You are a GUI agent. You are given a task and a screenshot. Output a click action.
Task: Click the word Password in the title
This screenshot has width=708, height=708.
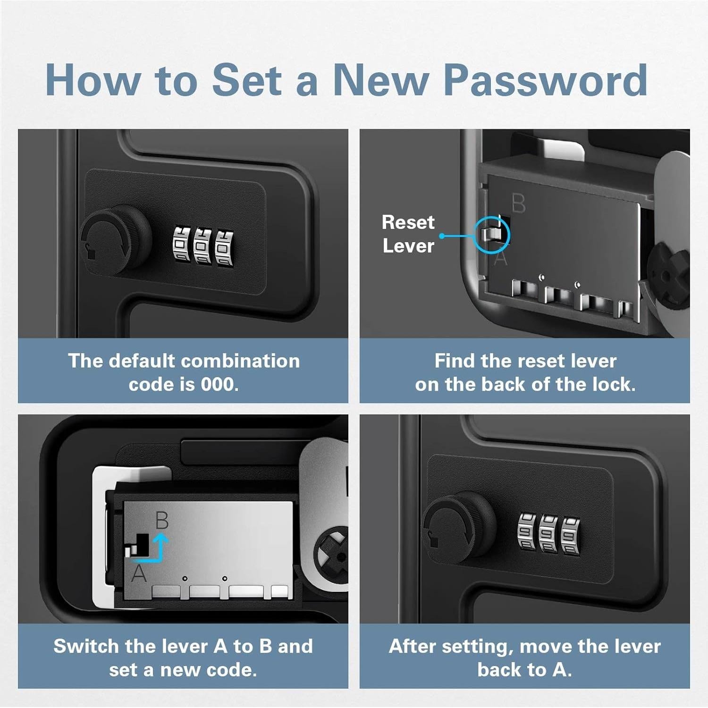click(546, 80)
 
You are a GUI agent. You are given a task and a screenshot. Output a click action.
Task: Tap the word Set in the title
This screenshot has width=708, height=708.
click(247, 80)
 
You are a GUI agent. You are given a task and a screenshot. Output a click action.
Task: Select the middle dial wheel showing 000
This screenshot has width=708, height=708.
click(203, 246)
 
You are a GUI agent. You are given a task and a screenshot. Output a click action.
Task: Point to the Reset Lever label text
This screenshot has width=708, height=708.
click(408, 234)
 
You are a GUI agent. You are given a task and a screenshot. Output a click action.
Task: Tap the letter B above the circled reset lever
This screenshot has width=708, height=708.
click(519, 204)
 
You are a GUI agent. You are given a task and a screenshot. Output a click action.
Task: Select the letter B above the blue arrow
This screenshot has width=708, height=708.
click(162, 520)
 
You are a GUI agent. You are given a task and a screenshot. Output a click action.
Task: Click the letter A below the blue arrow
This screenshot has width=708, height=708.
click(139, 574)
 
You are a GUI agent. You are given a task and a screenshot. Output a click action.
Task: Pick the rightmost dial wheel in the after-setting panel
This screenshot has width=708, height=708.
click(571, 535)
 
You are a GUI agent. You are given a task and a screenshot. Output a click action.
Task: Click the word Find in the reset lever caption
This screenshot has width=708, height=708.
click(455, 361)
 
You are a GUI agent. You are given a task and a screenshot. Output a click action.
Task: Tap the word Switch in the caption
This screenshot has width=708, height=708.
click(86, 646)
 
